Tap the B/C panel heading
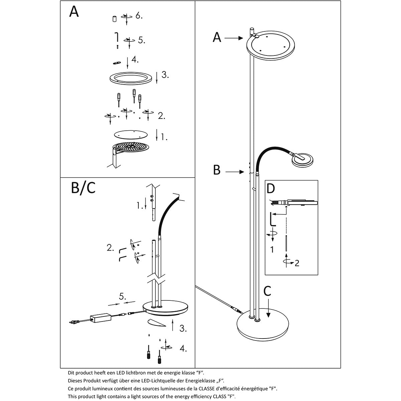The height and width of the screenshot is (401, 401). [x=83, y=188]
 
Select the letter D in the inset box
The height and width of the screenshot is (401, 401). [x=271, y=189]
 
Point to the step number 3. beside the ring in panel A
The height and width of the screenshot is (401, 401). [x=165, y=75]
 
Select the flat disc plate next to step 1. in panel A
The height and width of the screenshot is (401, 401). [x=130, y=134]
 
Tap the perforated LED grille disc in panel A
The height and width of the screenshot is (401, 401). [x=131, y=147]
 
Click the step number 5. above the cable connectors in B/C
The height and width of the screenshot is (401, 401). [x=123, y=296]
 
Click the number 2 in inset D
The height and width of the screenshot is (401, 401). [x=297, y=263]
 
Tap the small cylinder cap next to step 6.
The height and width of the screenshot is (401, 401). [x=114, y=19]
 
